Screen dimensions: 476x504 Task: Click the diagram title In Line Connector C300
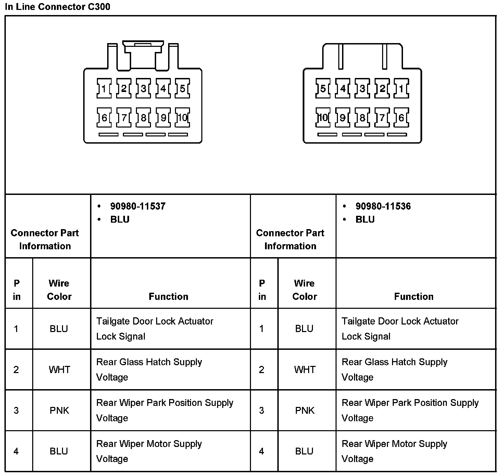tap(58, 7)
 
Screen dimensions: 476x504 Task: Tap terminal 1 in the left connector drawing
tap(104, 89)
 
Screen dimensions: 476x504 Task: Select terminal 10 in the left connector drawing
tap(182, 118)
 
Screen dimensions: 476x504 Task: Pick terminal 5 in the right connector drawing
tap(323, 89)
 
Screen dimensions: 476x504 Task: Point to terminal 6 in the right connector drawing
tap(401, 118)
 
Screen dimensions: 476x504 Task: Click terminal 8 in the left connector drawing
tap(143, 118)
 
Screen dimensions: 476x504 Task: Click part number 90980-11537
tap(138, 206)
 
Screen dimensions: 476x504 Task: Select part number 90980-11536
tap(383, 206)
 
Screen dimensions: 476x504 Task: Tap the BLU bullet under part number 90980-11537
tap(120, 219)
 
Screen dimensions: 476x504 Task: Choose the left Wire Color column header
tap(59, 290)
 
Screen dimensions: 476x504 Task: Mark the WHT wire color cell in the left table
tap(59, 370)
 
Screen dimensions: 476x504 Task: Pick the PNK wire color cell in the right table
tap(304, 410)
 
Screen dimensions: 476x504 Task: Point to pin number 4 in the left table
tap(16, 451)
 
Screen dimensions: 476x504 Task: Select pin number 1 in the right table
tap(262, 329)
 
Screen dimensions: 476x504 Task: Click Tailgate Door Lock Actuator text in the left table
tap(155, 321)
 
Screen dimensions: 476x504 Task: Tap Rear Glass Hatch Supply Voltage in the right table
tap(394, 369)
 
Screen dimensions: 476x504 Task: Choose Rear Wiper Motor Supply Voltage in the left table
tap(149, 451)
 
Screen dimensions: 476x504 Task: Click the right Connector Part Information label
tap(290, 239)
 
